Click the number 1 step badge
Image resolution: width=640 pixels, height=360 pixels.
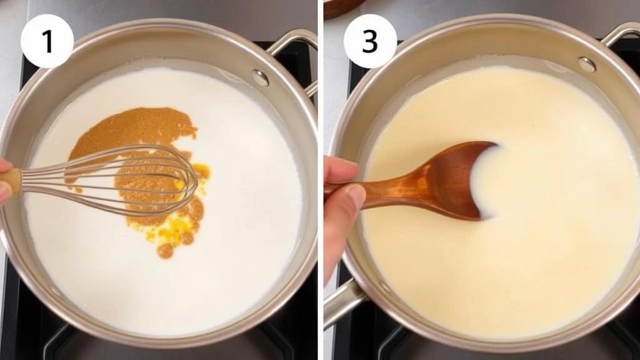[47, 41]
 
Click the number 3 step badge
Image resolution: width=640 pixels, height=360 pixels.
[370, 41]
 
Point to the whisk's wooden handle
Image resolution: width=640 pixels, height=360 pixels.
[11, 181]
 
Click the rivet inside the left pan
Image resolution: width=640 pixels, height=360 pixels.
[260, 77]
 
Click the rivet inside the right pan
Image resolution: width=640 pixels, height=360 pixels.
[586, 64]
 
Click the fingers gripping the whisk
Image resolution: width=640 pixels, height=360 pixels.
[5, 181]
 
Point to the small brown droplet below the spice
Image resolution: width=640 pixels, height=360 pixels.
[165, 251]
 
